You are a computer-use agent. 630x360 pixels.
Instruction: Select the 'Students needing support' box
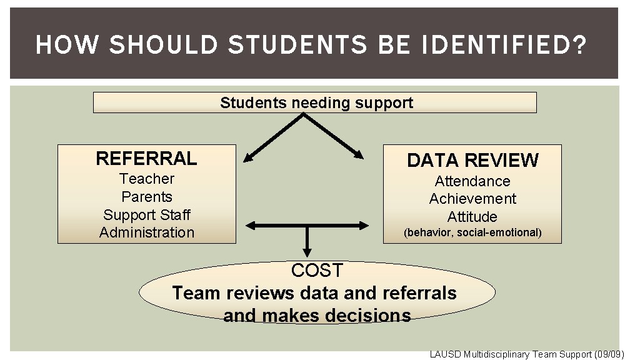(315, 102)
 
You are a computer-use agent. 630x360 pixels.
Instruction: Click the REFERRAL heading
(146, 159)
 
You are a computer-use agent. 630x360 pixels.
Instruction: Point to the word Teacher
(147, 179)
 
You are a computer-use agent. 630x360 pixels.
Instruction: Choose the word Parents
(147, 197)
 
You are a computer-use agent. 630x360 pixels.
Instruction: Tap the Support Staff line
(147, 215)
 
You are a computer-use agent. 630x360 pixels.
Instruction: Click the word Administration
(147, 232)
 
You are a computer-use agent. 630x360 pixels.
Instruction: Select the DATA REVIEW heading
(472, 161)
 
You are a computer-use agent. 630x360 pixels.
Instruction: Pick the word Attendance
(472, 181)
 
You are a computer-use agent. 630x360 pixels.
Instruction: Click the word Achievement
(472, 199)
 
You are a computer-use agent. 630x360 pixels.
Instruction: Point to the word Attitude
(472, 217)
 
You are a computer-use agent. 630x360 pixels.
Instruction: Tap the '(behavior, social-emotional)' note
(472, 233)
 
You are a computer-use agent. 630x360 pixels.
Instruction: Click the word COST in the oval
(317, 271)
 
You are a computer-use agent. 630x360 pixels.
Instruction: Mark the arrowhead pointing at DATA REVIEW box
(359, 155)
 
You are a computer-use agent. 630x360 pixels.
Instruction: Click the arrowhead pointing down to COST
(307, 251)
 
